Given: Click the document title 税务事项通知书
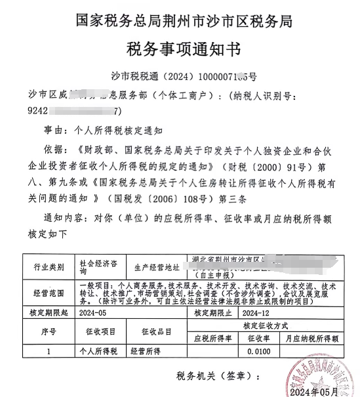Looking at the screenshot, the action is coord(179,49).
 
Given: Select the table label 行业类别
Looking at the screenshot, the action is coord(49,268).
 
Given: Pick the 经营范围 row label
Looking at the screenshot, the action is coord(49,291).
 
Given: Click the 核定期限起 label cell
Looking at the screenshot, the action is coord(49,313).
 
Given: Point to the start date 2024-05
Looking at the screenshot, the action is coord(96,313).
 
